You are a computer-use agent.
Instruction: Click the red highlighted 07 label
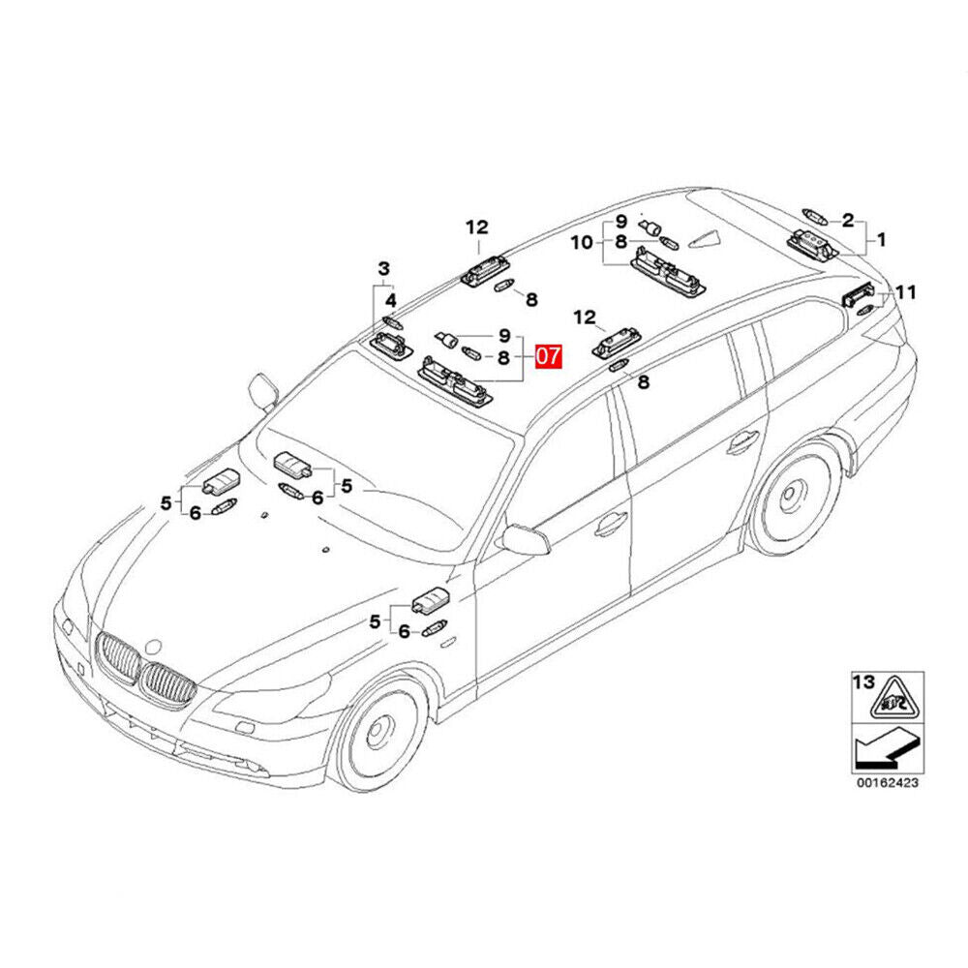tap(549, 356)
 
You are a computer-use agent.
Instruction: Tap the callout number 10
tap(582, 243)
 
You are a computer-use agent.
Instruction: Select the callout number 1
tap(881, 239)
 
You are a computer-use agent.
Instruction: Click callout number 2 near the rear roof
tap(848, 220)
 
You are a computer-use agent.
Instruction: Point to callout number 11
tap(906, 292)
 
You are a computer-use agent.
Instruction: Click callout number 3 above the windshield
tap(384, 269)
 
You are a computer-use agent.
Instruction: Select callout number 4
tap(391, 301)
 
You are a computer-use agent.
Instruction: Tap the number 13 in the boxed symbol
tap(863, 682)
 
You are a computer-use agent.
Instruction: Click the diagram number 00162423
tap(887, 783)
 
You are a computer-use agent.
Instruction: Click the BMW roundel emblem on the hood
tap(152, 647)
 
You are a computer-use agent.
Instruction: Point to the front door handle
tap(611, 524)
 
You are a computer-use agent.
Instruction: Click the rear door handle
tap(742, 442)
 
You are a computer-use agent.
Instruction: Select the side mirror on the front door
tap(525, 539)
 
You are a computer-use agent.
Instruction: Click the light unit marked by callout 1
tap(813, 244)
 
